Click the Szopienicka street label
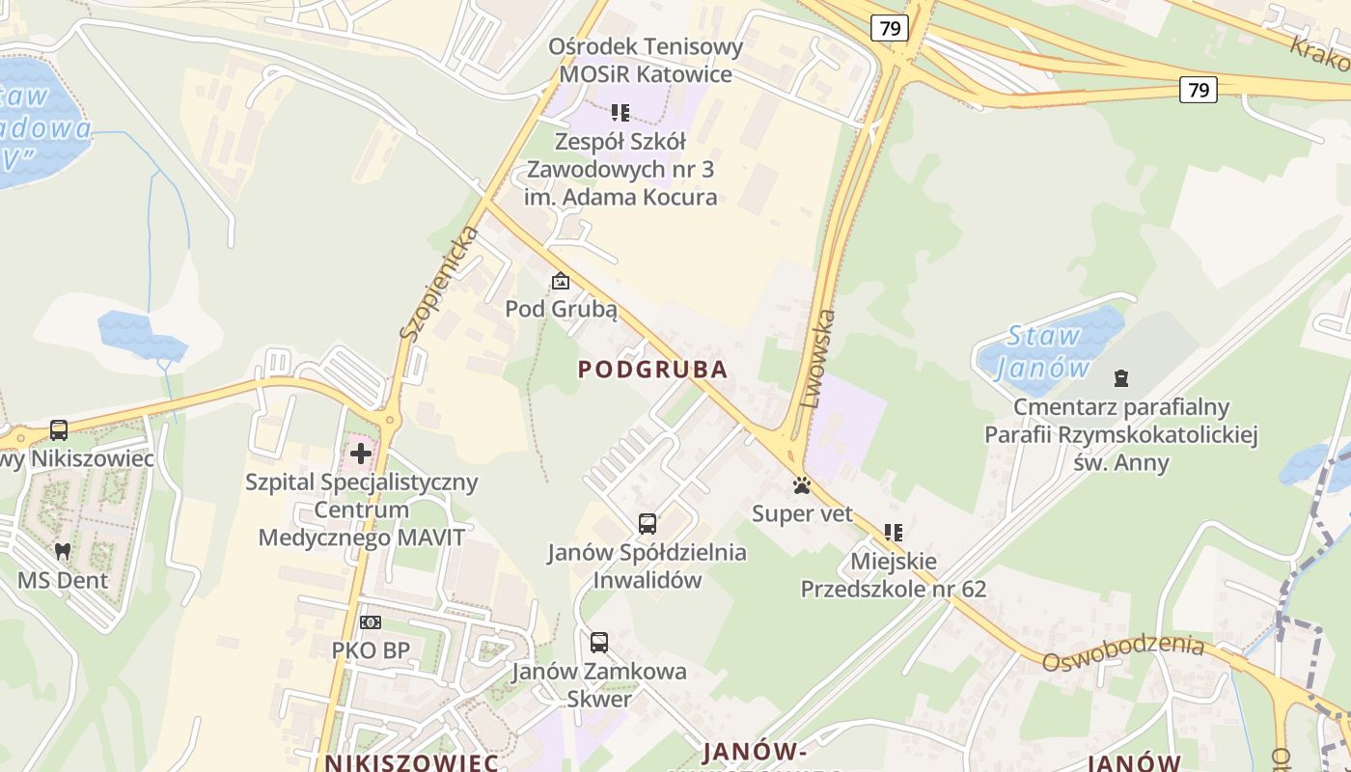click(440, 283)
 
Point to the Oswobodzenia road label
click(1122, 652)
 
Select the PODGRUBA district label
click(652, 370)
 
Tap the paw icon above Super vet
click(802, 485)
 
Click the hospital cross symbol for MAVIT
click(361, 453)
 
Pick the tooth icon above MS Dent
click(63, 552)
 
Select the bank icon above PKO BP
click(371, 622)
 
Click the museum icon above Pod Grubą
click(560, 282)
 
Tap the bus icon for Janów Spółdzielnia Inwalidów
click(647, 524)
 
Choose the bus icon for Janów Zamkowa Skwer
click(599, 643)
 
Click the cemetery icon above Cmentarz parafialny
click(1121, 378)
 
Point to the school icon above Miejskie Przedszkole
click(894, 532)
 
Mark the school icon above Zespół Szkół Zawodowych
click(620, 113)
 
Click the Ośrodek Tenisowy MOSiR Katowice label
click(646, 60)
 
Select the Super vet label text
click(803, 513)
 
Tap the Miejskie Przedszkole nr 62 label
click(894, 574)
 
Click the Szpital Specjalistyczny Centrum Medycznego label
click(361, 510)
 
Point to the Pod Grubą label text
click(561, 310)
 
